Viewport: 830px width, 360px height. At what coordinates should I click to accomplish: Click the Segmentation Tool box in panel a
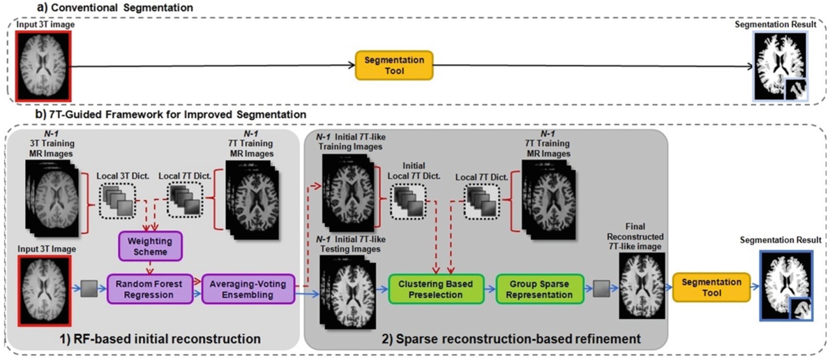point(394,66)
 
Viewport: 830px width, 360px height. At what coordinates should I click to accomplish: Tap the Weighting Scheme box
point(151,246)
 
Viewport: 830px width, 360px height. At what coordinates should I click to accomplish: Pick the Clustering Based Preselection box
point(436,289)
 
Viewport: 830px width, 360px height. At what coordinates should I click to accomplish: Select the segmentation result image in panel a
point(780,66)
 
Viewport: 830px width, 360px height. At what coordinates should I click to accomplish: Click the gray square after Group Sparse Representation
point(601,289)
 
